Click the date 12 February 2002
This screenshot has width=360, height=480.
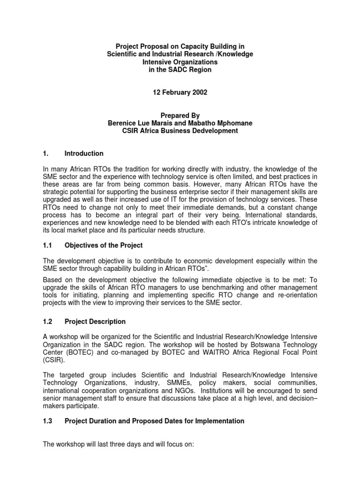tap(180, 93)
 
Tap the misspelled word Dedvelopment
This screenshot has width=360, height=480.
tap(216, 131)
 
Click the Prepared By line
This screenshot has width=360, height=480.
tap(180, 115)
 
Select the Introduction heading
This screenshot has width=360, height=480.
tap(84, 154)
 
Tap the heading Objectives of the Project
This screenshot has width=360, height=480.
tap(104, 245)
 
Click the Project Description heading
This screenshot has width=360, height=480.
tap(95, 322)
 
